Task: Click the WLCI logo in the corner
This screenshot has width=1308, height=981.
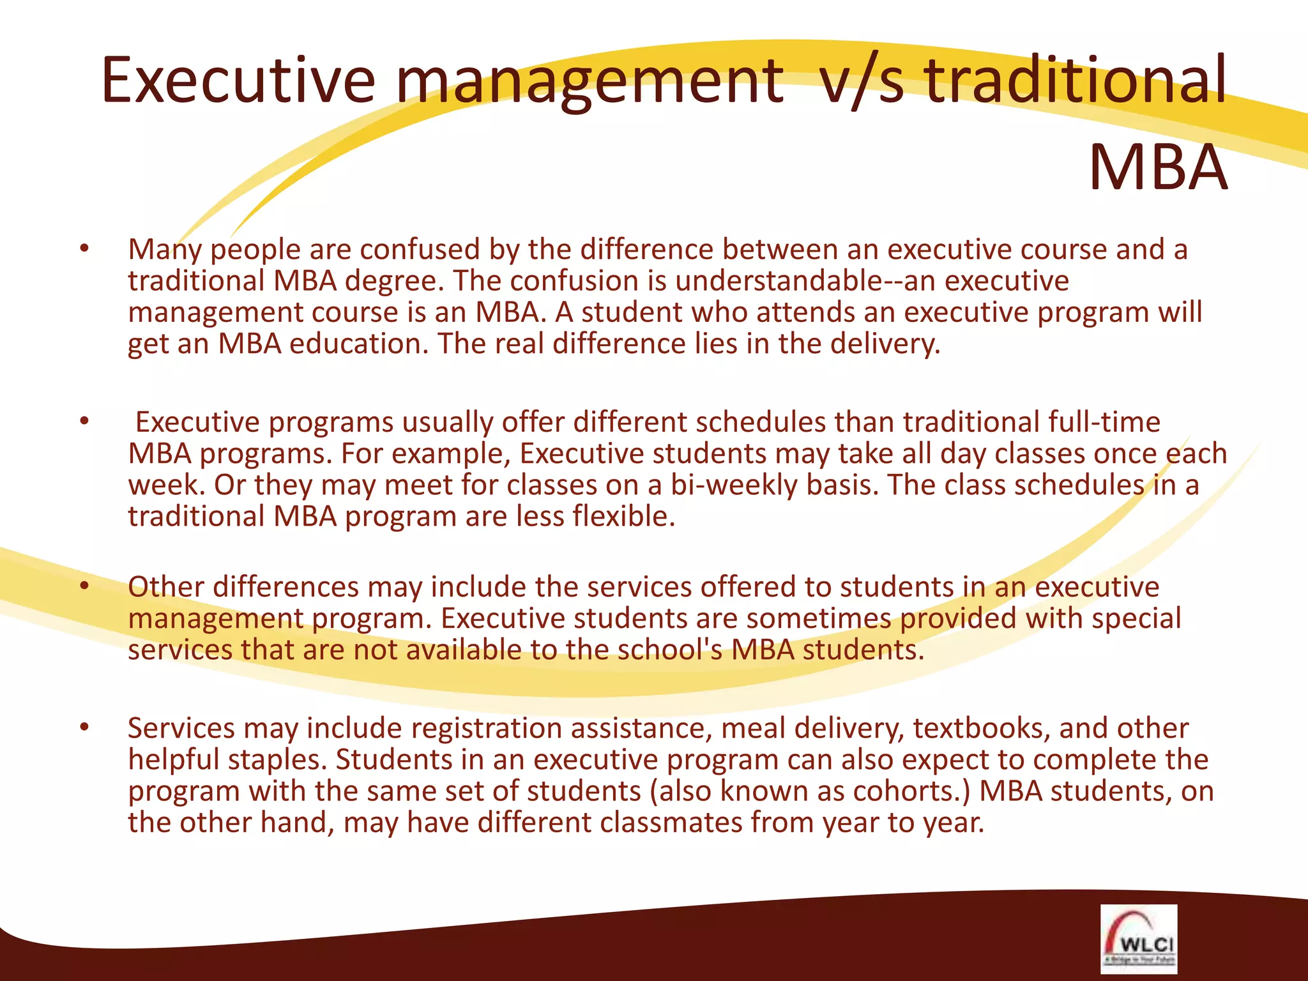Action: (1139, 938)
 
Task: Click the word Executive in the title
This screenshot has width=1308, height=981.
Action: (238, 81)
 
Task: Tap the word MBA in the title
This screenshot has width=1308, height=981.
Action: (1157, 169)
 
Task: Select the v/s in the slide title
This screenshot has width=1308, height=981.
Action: (862, 81)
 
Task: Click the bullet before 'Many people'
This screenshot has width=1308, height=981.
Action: (84, 249)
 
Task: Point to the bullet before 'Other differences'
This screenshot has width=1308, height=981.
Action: (84, 586)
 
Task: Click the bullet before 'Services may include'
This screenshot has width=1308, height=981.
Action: (84, 727)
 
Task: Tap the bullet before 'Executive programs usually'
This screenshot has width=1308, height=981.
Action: (84, 422)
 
